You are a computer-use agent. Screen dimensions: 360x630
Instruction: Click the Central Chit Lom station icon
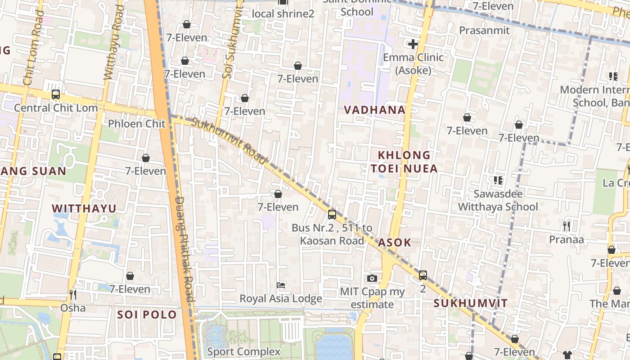[x=56, y=94]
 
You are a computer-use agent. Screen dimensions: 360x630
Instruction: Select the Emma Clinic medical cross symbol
[x=413, y=44]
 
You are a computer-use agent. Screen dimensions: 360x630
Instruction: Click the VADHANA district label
[x=374, y=110]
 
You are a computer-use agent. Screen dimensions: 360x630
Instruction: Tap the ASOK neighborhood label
[x=394, y=243]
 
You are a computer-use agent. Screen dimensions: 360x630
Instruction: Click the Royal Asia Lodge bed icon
[x=281, y=285]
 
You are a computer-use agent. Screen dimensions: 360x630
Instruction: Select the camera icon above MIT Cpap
[x=372, y=279]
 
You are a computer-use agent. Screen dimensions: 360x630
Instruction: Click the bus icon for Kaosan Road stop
[x=332, y=215]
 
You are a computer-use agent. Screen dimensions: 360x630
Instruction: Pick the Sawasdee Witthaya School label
[x=498, y=200]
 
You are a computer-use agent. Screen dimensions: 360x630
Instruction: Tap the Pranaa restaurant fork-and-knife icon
[x=567, y=226]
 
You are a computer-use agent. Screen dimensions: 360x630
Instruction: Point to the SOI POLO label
[x=147, y=315]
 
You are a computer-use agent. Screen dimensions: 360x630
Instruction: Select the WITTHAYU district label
[x=84, y=208]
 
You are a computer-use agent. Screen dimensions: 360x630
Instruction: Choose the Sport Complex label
[x=243, y=351]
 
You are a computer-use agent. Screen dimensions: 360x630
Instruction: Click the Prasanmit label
[x=484, y=31]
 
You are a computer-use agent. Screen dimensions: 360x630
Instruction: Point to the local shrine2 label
[x=283, y=14]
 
